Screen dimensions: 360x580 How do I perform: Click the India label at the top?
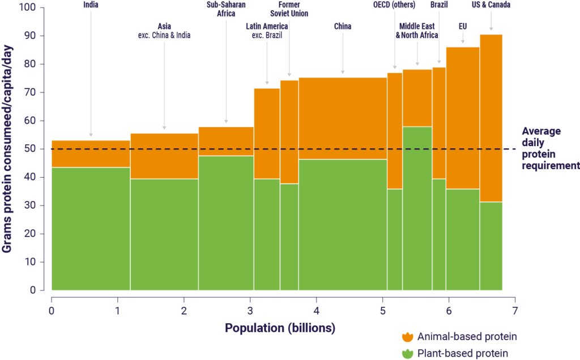[91, 5]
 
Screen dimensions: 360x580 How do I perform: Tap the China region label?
[343, 25]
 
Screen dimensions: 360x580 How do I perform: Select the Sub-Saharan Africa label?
[226, 10]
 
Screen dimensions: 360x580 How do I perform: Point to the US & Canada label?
[491, 5]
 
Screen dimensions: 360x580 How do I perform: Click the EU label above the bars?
[463, 25]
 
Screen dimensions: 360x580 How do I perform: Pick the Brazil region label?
[439, 5]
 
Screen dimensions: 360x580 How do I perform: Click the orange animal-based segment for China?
[343, 118]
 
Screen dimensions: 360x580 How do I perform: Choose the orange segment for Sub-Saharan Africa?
[226, 141]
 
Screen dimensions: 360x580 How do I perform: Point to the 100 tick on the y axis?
[27, 8]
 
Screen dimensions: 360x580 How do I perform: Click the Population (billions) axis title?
[280, 328]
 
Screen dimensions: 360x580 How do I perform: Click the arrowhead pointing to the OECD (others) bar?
[395, 67]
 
